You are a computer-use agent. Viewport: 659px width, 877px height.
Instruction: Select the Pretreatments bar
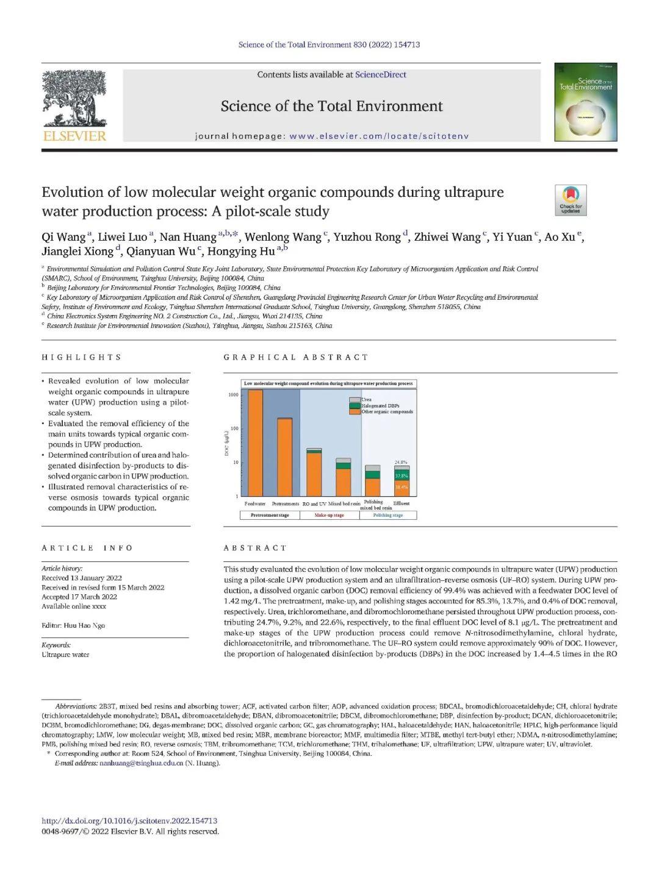pos(284,457)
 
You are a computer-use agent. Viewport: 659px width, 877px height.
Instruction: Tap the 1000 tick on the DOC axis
pos(234,395)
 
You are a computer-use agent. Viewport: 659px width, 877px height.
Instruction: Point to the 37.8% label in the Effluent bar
pos(402,475)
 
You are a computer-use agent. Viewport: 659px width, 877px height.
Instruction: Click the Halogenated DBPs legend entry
pos(380,406)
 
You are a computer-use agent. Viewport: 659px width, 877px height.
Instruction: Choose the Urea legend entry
pos(366,400)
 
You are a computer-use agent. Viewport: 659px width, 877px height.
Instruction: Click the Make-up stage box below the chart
pos(329,516)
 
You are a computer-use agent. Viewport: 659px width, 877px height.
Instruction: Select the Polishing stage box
pos(388,516)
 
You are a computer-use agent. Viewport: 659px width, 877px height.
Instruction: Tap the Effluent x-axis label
pos(402,503)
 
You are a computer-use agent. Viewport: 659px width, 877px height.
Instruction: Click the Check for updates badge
pos(571,200)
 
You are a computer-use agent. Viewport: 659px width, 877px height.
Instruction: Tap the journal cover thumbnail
pos(585,102)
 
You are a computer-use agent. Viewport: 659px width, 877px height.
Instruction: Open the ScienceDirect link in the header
pos(381,74)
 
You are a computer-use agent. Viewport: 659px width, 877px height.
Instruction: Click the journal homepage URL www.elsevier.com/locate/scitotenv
pos(379,136)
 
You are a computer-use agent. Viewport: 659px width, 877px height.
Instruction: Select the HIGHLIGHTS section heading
pos(82,357)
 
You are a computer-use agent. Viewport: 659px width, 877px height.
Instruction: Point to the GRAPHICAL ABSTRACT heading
pos(296,357)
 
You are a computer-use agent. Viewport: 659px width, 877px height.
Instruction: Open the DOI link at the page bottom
pos(129,821)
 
